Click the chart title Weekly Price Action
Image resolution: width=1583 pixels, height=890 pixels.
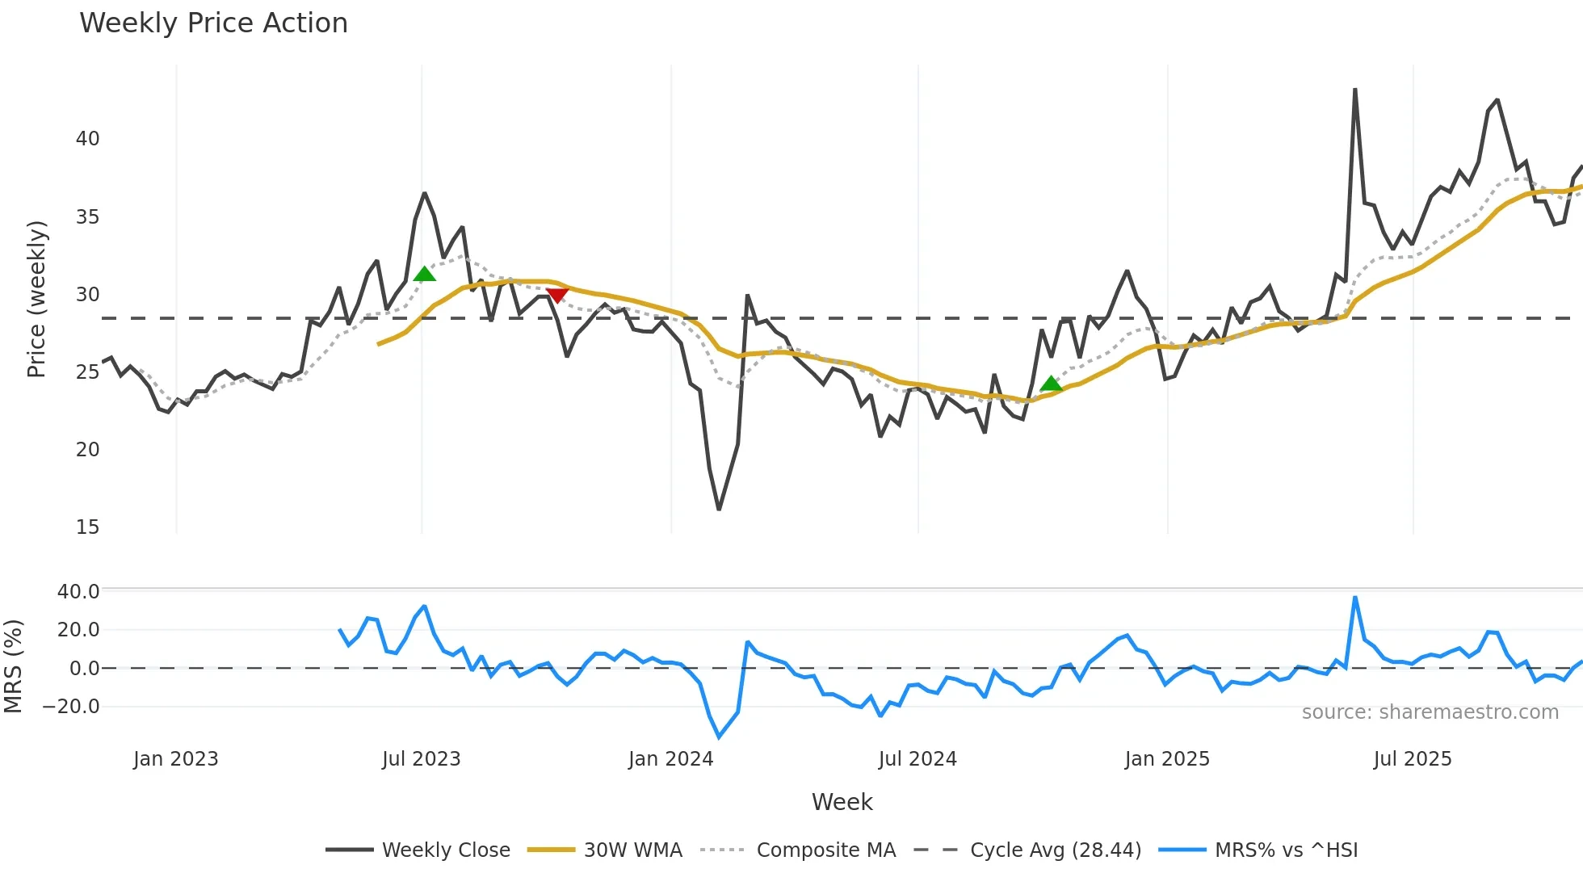pos(213,23)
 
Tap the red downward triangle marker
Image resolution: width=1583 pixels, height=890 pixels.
pos(556,296)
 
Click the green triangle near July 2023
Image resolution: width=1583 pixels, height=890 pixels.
pos(424,275)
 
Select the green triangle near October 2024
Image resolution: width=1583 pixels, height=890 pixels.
pos(1051,384)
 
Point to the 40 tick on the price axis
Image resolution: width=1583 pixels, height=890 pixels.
pos(87,139)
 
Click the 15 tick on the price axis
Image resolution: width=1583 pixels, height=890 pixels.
pos(87,527)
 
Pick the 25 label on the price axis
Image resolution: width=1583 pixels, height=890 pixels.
pos(87,372)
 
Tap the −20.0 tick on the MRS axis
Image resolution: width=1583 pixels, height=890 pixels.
pos(71,707)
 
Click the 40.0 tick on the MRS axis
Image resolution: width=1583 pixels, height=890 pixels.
pos(78,592)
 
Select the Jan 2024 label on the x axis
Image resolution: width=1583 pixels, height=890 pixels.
pos(670,759)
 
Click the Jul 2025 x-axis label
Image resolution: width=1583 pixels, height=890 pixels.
pos(1412,759)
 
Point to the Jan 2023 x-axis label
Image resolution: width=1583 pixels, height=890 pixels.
pos(175,759)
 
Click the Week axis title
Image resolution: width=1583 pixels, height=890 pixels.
pos(842,802)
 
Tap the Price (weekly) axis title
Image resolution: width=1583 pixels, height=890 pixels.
pos(37,299)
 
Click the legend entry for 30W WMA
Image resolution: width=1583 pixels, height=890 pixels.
pos(632,850)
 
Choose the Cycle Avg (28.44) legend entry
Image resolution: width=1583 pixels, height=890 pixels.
pos(1055,850)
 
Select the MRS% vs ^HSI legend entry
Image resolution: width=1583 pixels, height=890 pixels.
pos(1286,850)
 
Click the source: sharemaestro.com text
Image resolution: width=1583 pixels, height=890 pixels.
pos(1430,712)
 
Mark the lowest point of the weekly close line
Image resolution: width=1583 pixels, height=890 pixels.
pos(719,509)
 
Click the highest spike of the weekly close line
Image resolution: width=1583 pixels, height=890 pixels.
pos(1355,90)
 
